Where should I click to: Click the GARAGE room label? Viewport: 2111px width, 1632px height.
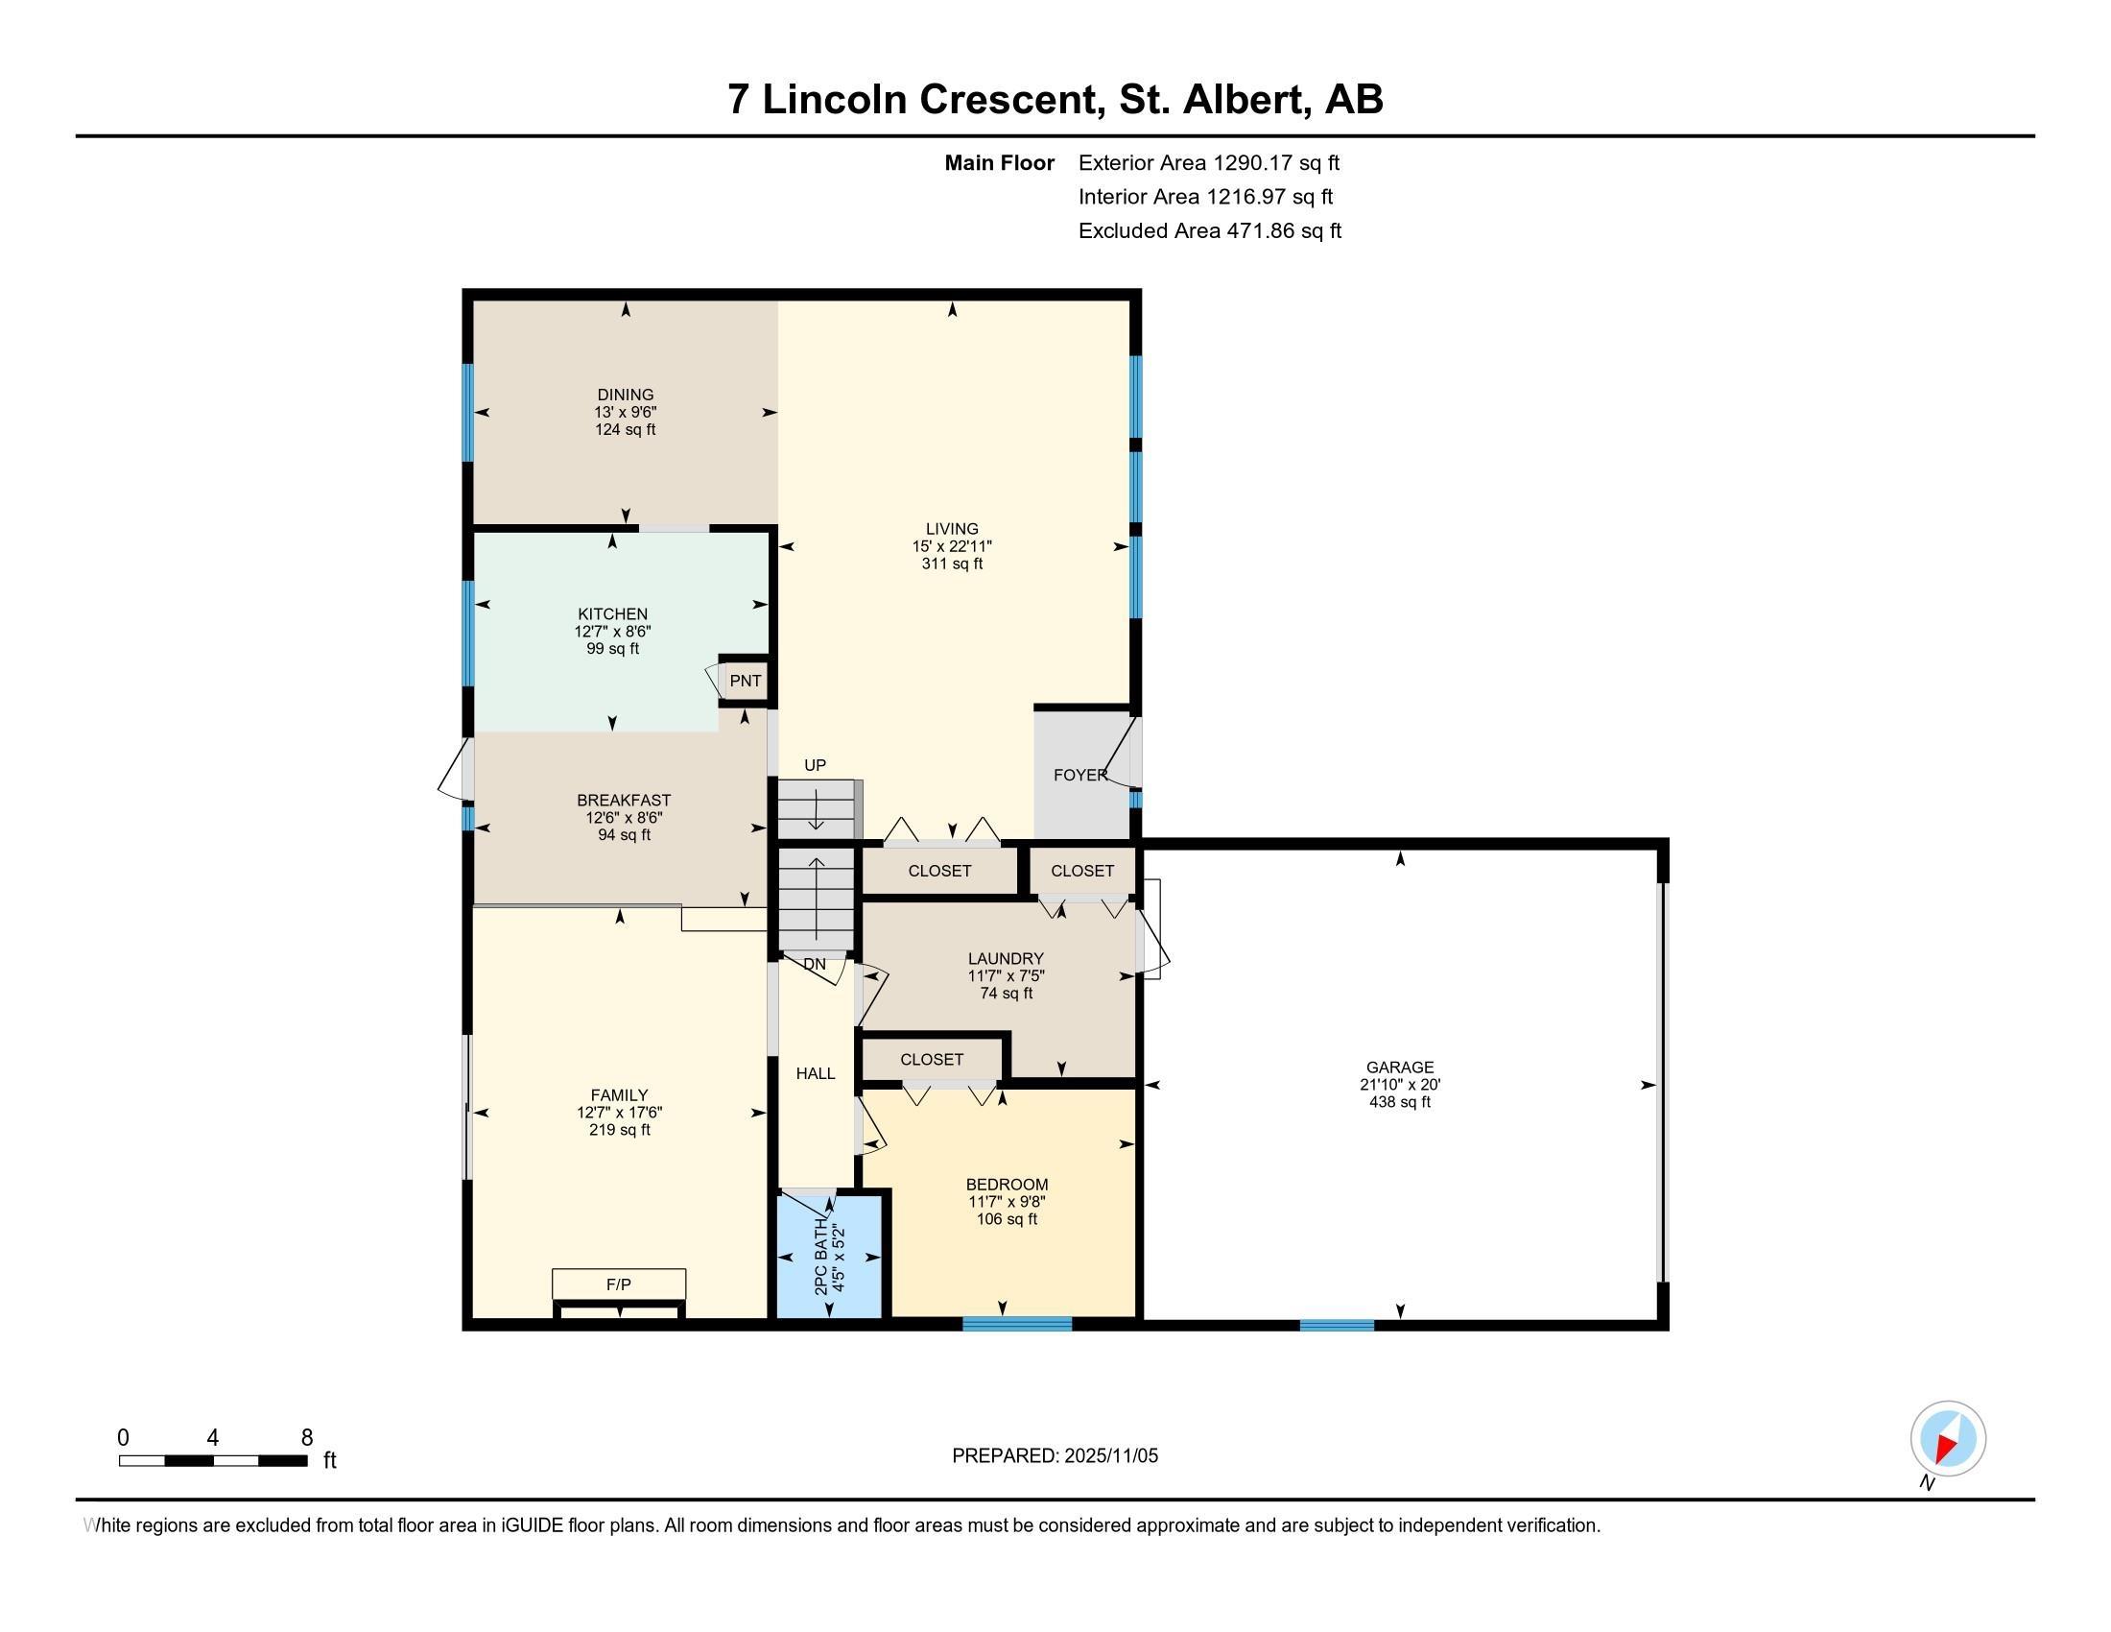pos(1400,1068)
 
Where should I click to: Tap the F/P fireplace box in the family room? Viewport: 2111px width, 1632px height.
pos(619,1284)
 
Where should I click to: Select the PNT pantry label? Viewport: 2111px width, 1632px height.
pos(746,681)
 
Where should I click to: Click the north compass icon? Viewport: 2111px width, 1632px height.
pos(1948,1439)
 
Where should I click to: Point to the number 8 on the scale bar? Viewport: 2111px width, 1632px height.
pos(307,1438)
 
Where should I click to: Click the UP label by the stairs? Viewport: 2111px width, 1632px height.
pos(815,765)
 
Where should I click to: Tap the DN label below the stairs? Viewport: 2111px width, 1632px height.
pos(815,964)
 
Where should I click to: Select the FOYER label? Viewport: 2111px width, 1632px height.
pos(1080,775)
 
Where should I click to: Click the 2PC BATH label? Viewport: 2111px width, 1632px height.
pos(820,1257)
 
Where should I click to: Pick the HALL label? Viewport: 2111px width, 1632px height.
pos(815,1073)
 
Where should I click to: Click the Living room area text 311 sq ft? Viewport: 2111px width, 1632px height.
pos(952,564)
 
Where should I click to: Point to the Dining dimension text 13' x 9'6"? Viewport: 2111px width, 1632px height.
pos(626,412)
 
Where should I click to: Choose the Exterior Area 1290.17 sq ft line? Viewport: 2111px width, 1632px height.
pos(1209,162)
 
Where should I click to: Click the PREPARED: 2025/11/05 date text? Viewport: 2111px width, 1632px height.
pos(1055,1456)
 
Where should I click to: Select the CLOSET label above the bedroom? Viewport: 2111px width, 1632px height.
pos(932,1060)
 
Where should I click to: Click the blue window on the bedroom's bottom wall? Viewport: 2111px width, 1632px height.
pos(1017,1324)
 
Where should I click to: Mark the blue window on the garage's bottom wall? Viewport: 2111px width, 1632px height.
pos(1337,1325)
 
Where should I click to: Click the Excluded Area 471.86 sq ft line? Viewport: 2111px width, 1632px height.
pos(1210,231)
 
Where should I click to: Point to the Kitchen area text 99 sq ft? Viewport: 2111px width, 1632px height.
pos(613,649)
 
